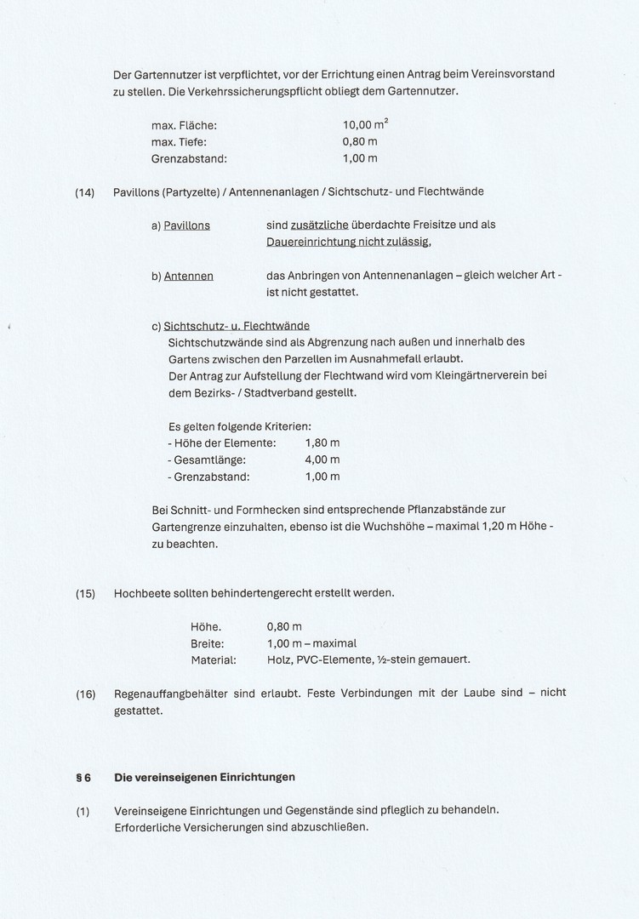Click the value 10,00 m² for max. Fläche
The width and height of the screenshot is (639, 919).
coord(365,124)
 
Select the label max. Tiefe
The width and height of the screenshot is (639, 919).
coord(179,141)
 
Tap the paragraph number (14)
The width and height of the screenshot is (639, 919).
coord(85,192)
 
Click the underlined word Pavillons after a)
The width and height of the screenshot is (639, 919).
coord(186,225)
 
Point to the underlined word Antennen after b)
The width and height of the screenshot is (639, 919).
coord(188,276)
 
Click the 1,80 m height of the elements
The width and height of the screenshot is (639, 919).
coord(322,443)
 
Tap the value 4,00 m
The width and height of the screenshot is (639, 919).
coord(322,460)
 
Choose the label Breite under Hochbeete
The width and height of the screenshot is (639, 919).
coord(208,643)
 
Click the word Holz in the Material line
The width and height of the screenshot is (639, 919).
coord(279,659)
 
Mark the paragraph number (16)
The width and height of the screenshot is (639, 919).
coord(85,694)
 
